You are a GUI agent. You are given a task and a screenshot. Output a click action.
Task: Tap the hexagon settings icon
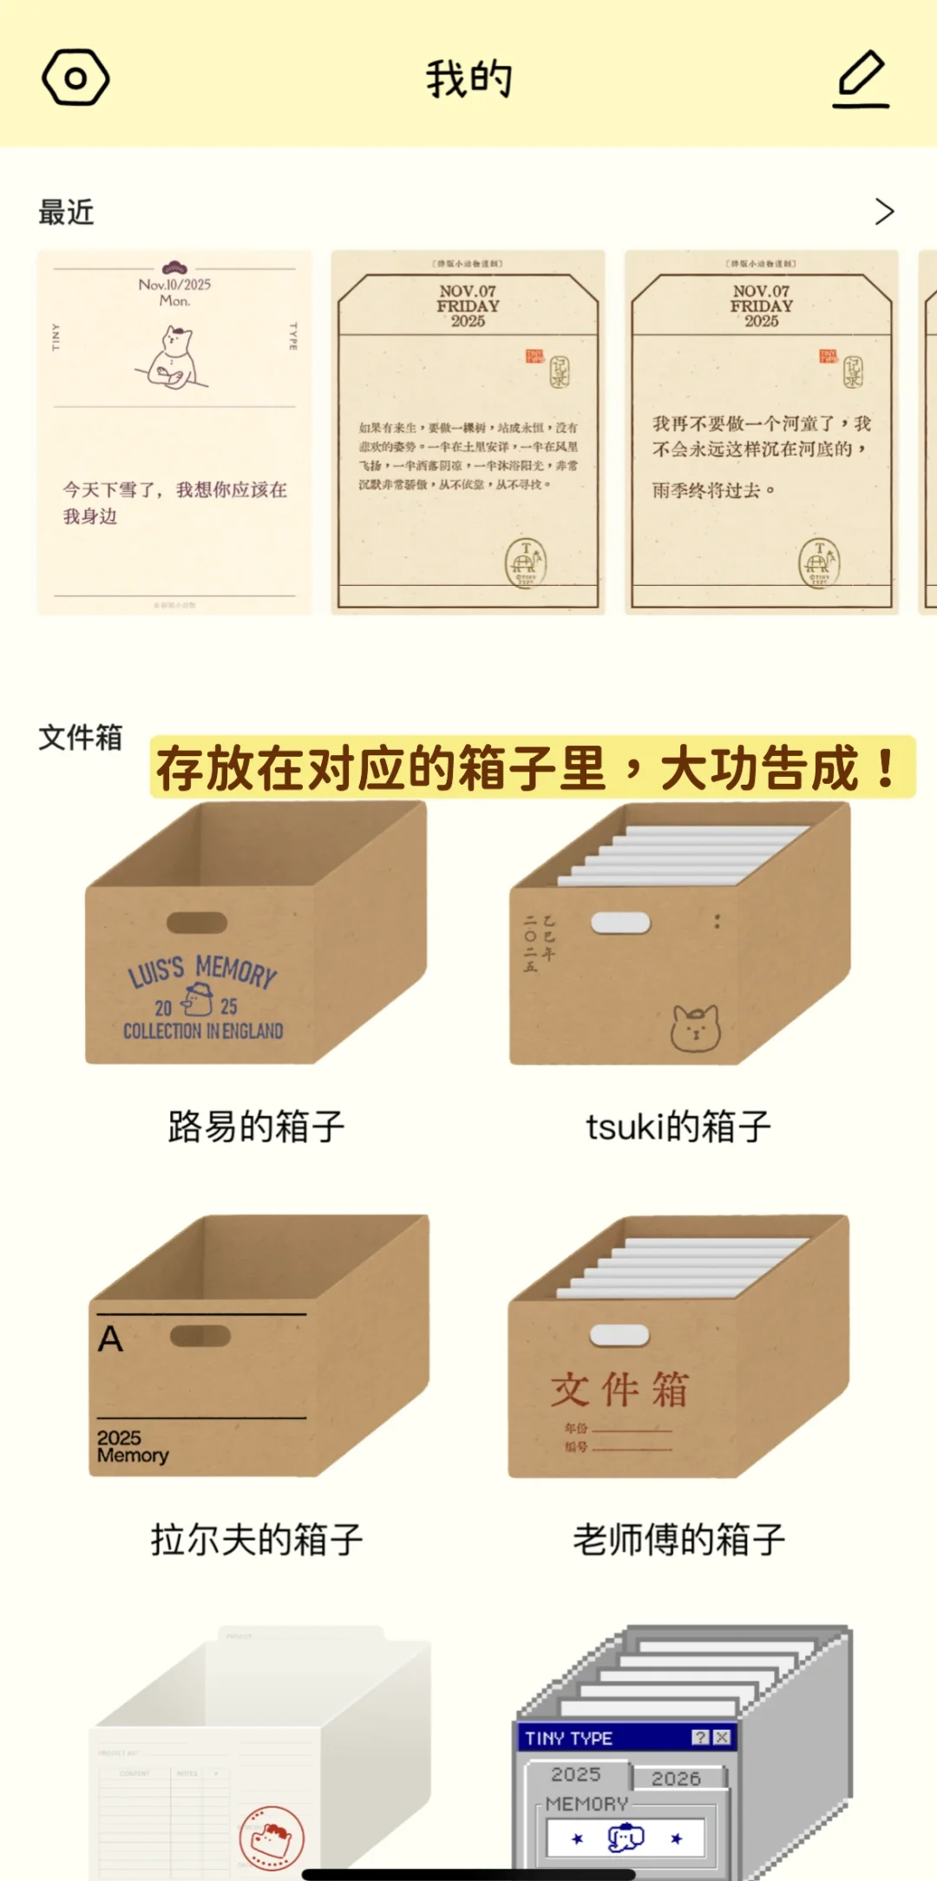click(75, 78)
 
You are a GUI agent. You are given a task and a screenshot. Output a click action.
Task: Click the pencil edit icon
click(861, 78)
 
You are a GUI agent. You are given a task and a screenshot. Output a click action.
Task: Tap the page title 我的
click(468, 79)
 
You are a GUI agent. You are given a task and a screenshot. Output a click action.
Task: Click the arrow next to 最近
click(883, 211)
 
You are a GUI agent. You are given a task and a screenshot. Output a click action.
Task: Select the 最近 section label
click(66, 212)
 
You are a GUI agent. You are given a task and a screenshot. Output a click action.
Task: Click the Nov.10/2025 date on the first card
click(174, 284)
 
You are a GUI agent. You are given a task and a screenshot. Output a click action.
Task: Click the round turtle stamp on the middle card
click(526, 562)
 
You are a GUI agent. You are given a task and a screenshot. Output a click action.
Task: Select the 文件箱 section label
click(80, 737)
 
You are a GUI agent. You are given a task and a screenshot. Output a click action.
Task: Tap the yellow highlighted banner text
click(531, 767)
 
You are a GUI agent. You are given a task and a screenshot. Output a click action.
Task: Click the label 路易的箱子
click(256, 1127)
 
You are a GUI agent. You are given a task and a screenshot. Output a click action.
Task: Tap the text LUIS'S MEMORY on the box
click(202, 970)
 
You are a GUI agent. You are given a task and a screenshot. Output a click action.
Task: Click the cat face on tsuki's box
click(695, 1028)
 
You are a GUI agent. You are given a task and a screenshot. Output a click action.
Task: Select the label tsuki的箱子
click(678, 1127)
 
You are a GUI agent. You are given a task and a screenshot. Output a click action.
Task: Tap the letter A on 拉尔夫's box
click(110, 1338)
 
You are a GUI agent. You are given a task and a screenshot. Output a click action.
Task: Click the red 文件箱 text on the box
click(619, 1389)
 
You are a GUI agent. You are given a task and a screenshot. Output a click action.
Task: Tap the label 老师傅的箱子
click(678, 1539)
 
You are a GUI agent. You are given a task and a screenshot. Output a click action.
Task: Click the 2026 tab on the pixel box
click(676, 1779)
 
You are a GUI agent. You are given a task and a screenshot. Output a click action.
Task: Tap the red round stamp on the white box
click(272, 1838)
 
